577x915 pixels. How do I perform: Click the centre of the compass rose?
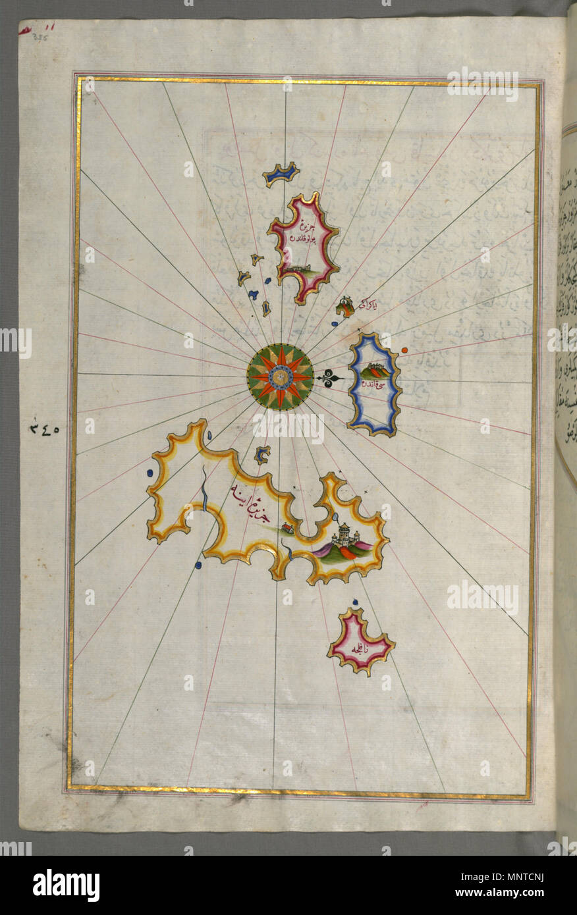280,377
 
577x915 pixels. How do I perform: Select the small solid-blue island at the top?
281,174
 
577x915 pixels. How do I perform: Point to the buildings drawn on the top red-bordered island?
300,269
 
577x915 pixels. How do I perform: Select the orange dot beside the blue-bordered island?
404,350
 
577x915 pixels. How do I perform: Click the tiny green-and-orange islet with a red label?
344,307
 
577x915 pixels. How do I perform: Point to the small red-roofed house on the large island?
287,527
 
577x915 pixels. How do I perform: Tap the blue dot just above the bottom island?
355,602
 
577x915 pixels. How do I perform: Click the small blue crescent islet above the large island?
262,454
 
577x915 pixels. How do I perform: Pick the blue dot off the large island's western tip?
151,472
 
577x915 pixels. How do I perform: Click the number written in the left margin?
44,429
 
